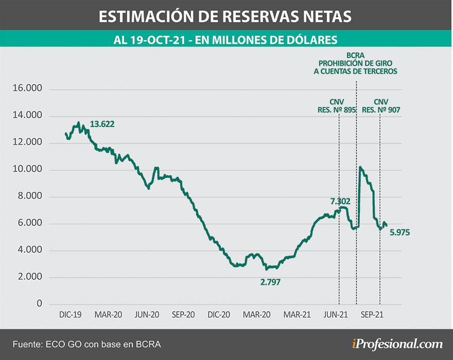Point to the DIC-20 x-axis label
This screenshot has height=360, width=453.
(220, 314)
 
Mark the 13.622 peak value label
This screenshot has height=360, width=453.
(102, 124)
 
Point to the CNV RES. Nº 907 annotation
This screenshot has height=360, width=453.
(380, 105)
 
